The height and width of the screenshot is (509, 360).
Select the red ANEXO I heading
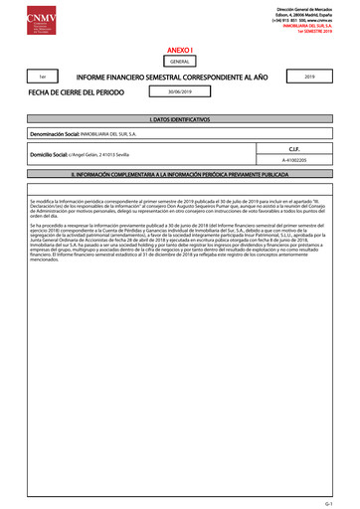point(179,49)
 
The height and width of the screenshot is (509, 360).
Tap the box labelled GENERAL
point(179,62)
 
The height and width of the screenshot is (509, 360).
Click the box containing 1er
point(41,77)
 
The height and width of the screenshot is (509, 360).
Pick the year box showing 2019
point(308,76)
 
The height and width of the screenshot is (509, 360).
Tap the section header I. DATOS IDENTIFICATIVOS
point(179,119)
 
